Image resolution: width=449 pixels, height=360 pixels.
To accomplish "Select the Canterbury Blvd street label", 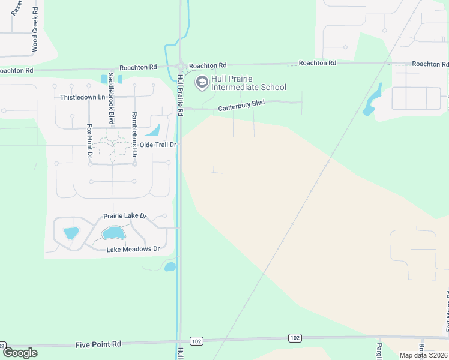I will (241, 106).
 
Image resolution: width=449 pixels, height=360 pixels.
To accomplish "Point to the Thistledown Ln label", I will (82, 97).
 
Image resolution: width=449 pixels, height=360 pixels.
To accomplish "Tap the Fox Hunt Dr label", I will (89, 141).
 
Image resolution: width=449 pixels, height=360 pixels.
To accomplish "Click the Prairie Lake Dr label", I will (125, 216).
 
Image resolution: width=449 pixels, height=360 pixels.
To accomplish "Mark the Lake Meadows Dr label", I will (133, 249).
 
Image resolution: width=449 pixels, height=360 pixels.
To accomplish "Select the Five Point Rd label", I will (98, 344).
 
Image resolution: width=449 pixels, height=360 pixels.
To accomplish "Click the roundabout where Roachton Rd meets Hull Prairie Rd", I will (180, 66).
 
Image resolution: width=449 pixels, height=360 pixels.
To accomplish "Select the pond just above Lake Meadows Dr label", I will (112, 233).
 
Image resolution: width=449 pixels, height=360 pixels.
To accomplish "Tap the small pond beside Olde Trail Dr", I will (154, 130).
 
